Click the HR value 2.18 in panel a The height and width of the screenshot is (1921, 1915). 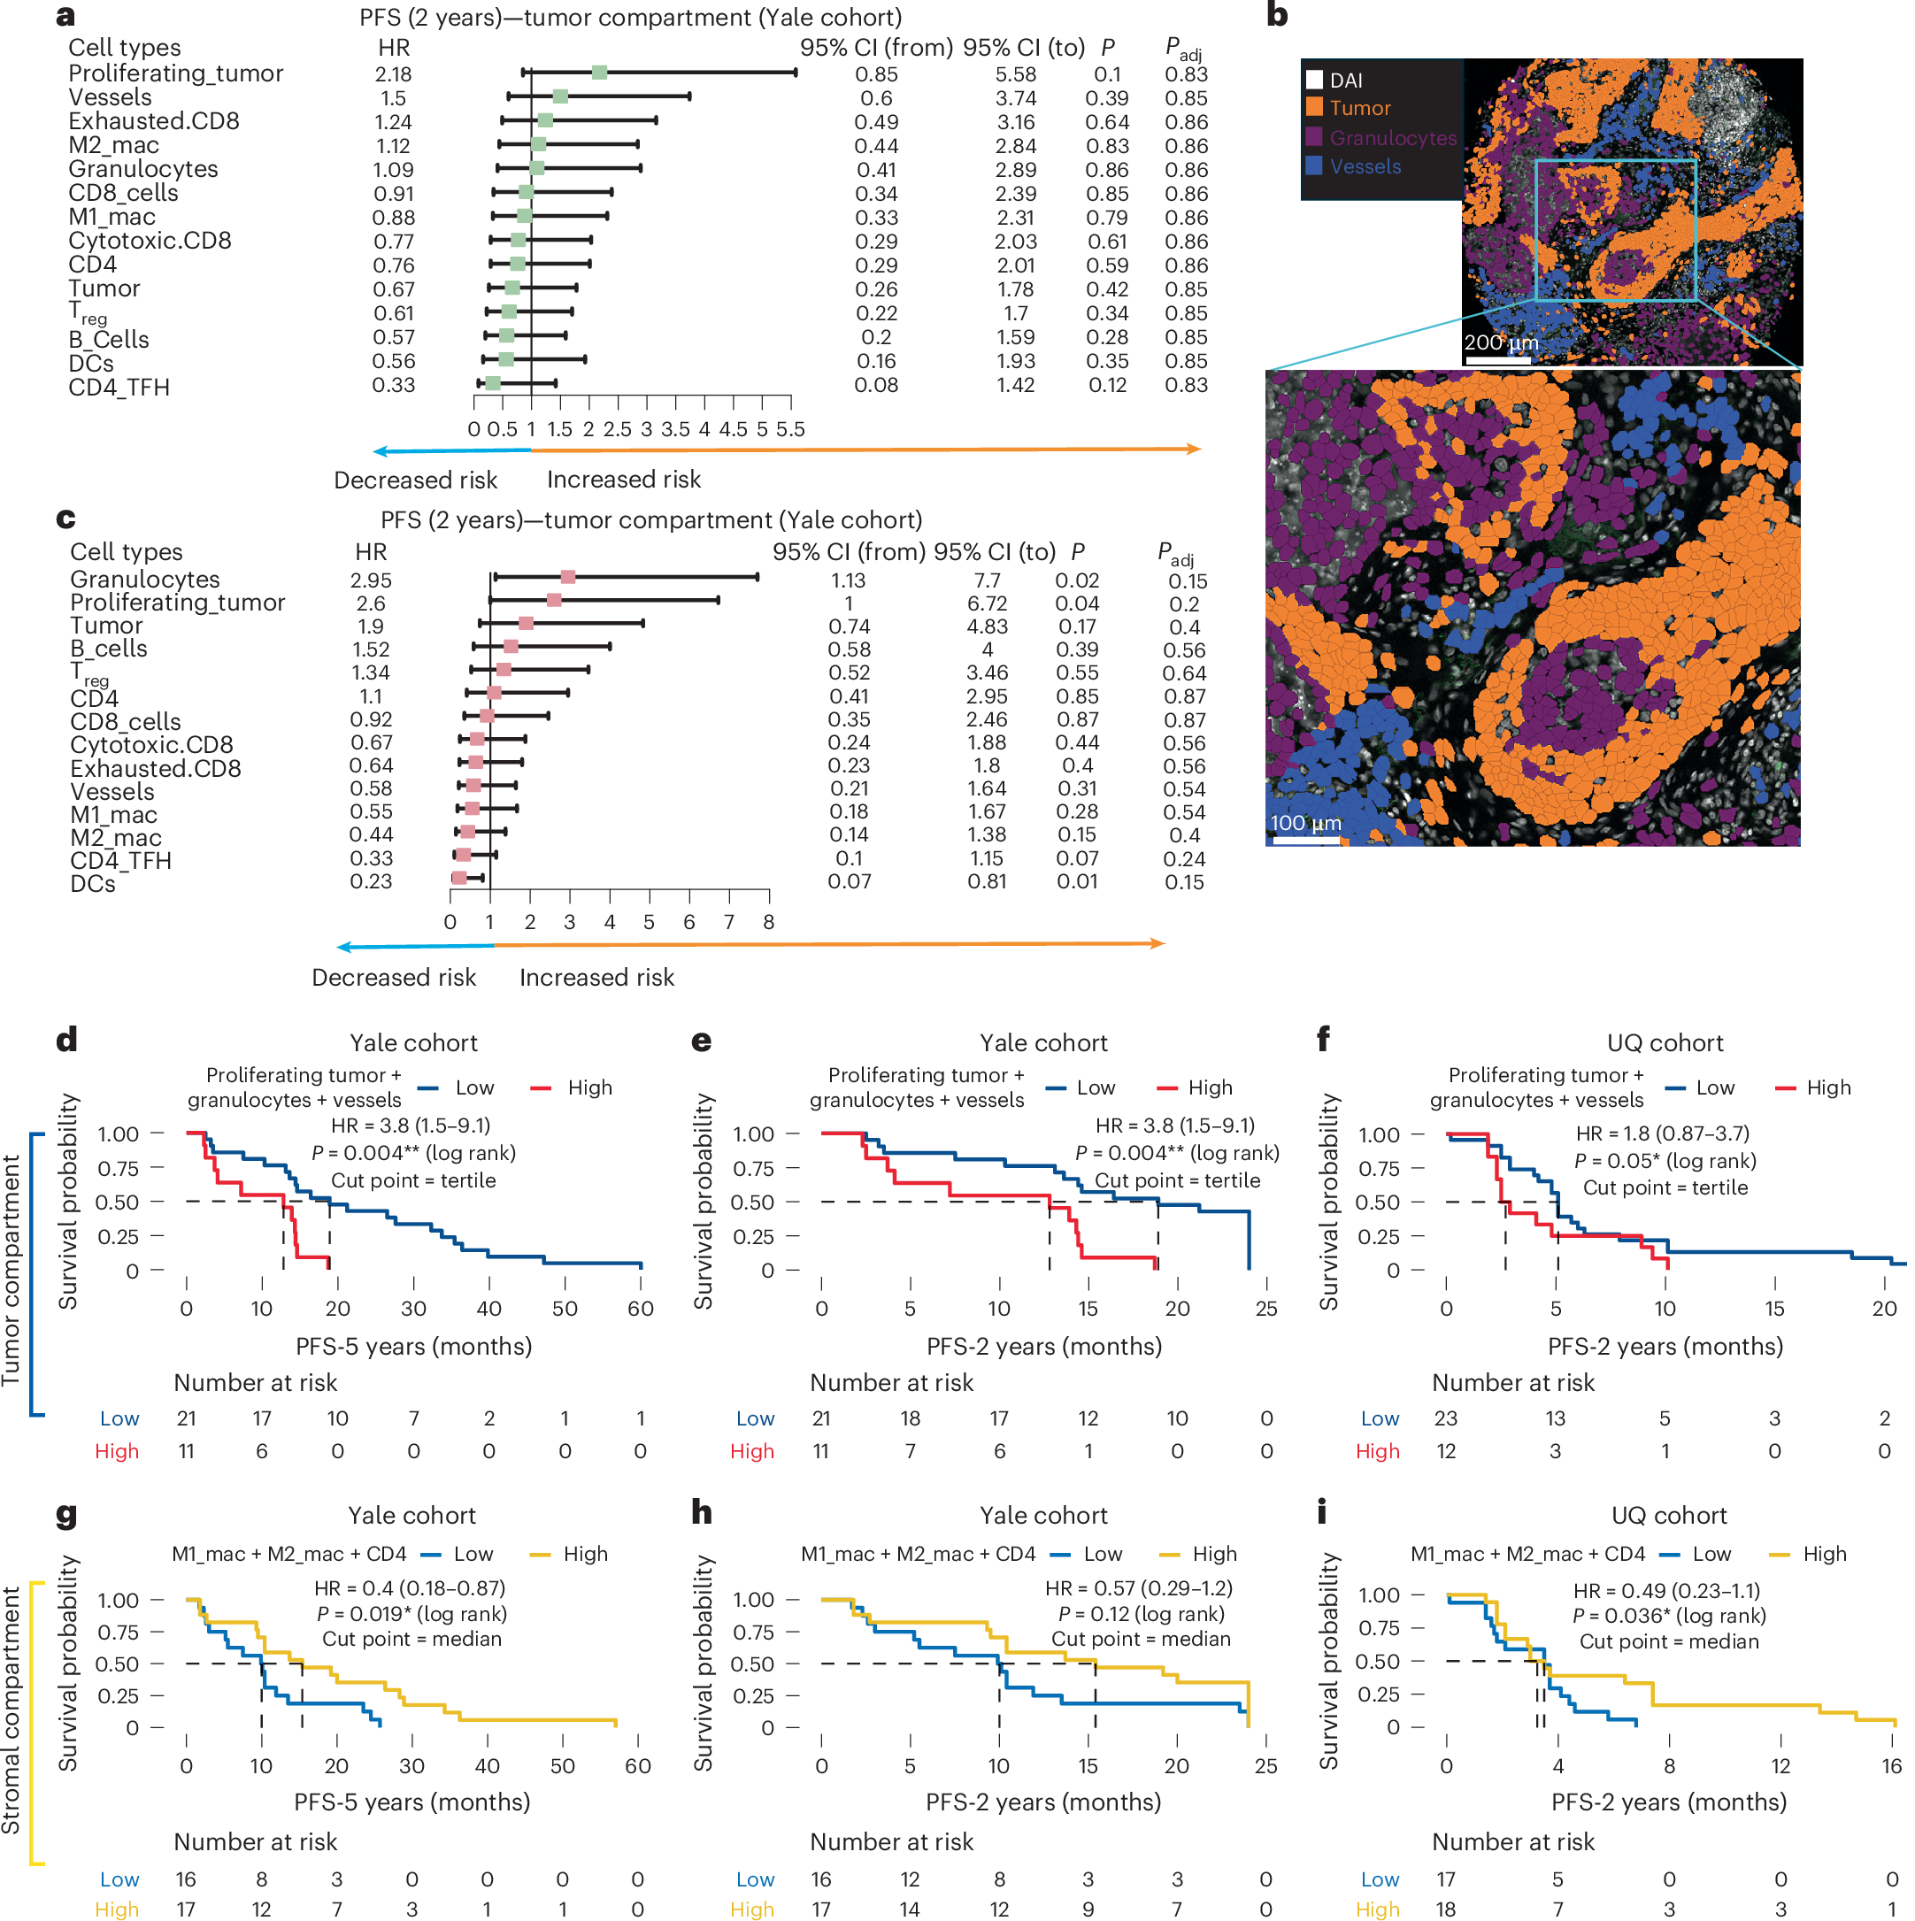(x=393, y=74)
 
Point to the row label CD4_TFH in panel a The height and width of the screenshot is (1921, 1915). (x=119, y=387)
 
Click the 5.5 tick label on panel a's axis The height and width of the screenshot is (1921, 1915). (x=789, y=429)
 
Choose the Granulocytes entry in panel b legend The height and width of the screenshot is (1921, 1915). (x=1391, y=138)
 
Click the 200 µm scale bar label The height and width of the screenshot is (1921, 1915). (x=1499, y=342)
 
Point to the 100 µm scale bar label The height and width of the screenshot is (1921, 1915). (x=1304, y=822)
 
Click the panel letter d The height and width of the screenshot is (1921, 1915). (x=65, y=1040)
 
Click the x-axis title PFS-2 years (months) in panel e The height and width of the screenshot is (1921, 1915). (x=1043, y=1345)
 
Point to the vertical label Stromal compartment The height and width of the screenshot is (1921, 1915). (x=11, y=1710)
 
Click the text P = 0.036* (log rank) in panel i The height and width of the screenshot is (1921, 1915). (x=1668, y=1616)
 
